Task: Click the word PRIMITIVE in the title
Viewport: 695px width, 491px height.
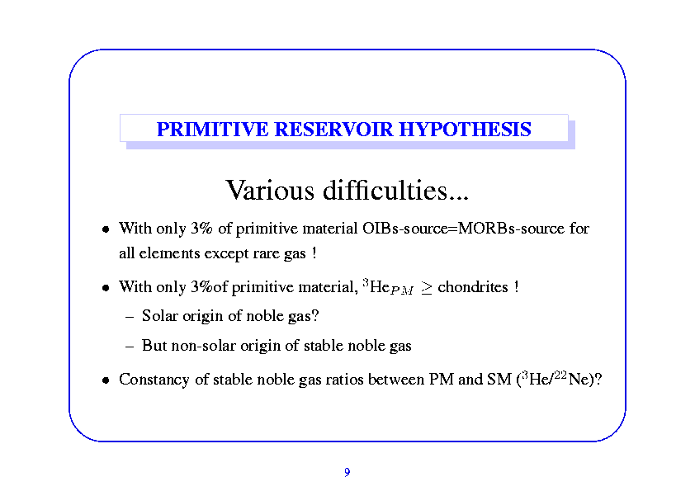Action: (x=212, y=130)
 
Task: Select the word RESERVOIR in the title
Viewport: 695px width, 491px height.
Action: (x=333, y=130)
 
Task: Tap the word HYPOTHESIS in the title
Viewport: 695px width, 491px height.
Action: (x=465, y=130)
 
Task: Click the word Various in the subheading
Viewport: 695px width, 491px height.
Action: (x=270, y=190)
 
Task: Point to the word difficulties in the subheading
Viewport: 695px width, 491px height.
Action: (x=395, y=190)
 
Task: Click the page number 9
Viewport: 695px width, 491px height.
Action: (x=347, y=472)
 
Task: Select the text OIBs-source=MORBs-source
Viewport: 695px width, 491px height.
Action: (x=463, y=229)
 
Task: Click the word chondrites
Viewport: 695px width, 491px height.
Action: (x=472, y=287)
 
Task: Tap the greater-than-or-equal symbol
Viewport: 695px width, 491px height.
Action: (x=426, y=288)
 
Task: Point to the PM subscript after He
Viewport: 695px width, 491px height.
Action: (x=402, y=290)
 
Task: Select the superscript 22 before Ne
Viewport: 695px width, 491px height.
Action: (x=560, y=375)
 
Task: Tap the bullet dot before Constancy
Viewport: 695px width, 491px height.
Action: (x=106, y=380)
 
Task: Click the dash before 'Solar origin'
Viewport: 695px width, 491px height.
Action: (x=130, y=317)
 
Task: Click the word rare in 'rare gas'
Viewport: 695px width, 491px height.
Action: (x=266, y=253)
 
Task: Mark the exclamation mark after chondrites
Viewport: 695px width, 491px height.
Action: (x=517, y=286)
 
